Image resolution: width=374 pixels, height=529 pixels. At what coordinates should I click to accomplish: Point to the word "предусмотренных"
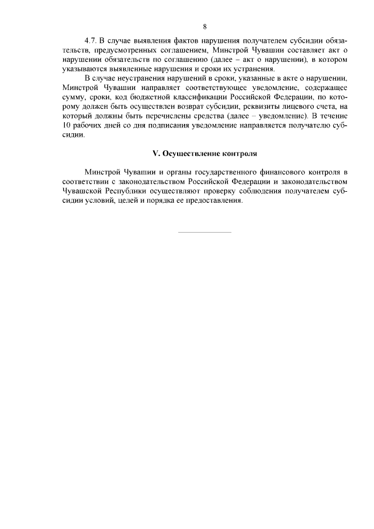click(x=122, y=51)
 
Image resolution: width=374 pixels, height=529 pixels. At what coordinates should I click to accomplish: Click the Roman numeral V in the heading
click(x=155, y=153)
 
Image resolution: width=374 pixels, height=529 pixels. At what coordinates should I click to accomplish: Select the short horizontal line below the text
click(x=204, y=232)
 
